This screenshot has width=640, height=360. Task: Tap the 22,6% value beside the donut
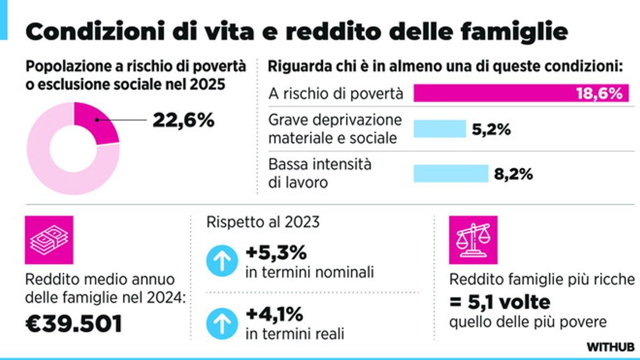(x=183, y=120)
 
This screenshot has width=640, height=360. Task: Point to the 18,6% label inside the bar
(x=598, y=94)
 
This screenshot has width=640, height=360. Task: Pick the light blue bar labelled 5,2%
(x=439, y=129)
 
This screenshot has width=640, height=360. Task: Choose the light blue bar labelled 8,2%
(x=451, y=173)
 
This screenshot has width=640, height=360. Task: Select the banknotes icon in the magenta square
(x=49, y=240)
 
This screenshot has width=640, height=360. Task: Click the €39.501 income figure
(x=74, y=323)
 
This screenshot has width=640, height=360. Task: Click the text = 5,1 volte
(x=500, y=302)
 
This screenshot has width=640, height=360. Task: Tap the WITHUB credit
(x=611, y=347)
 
